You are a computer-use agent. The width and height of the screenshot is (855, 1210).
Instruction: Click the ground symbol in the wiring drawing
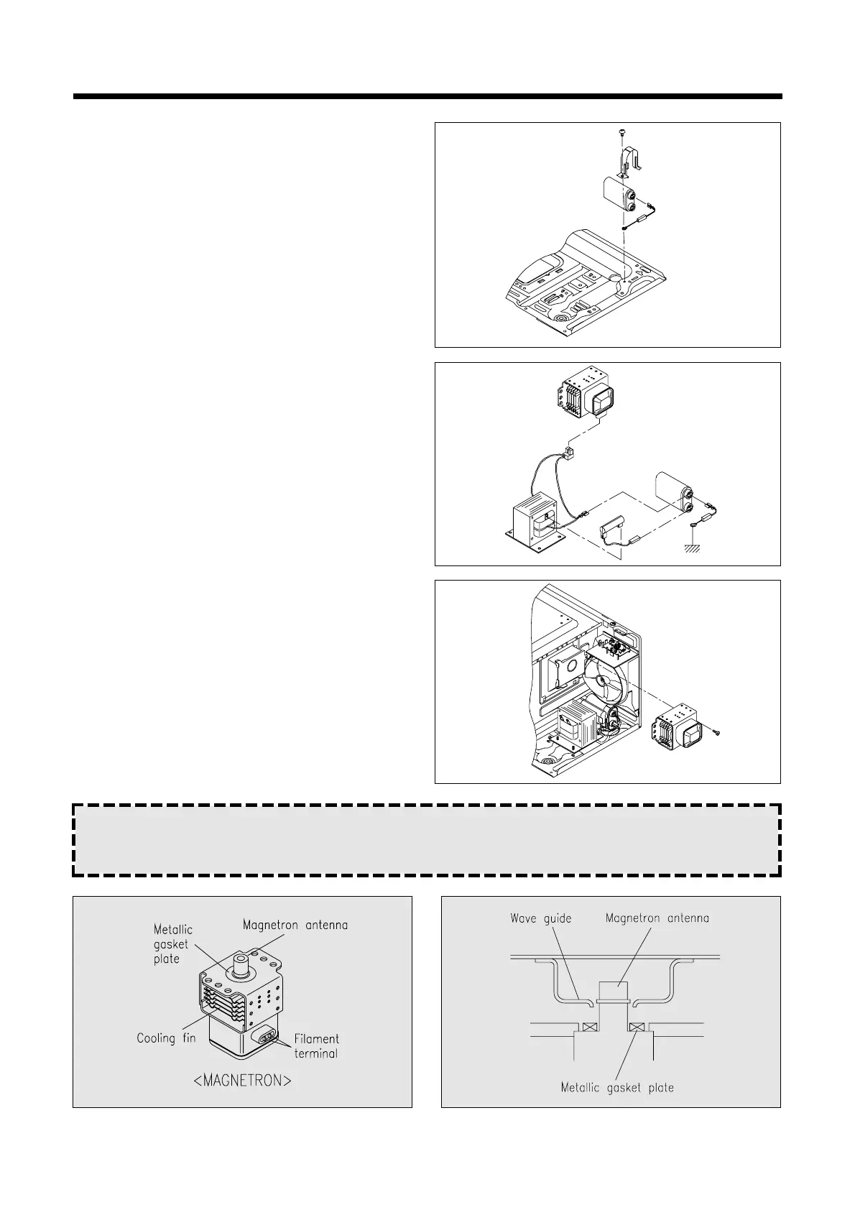693,548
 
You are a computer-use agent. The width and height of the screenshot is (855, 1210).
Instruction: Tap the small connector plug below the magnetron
571,453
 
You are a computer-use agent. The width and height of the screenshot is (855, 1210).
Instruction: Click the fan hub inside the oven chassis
601,679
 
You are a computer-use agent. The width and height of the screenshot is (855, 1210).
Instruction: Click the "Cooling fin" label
166,1038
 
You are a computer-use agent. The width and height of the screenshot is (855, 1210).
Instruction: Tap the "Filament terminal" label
316,1046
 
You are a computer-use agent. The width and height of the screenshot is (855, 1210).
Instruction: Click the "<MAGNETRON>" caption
243,1081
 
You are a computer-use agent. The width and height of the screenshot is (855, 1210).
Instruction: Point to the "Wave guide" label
540,918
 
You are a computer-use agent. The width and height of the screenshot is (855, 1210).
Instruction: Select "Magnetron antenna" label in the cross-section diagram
657,918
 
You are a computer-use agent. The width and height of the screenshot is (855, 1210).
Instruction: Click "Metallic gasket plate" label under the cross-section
617,1087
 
